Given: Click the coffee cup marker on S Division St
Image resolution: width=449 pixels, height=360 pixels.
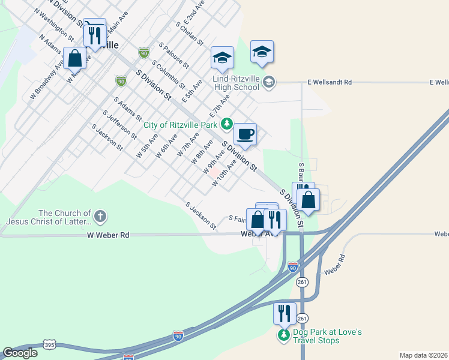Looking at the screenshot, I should point(244,134).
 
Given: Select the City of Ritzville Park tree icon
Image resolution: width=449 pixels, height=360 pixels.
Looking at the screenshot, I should point(226,124).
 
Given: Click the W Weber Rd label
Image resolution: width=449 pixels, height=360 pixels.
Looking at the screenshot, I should point(108,236).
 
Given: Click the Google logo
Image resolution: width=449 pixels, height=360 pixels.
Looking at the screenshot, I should point(20,353).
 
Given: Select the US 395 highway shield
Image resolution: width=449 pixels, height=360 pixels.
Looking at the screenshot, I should point(50,344).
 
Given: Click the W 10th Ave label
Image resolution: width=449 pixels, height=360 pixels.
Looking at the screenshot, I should point(224,173).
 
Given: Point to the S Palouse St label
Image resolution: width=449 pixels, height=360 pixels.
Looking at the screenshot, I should point(174,55).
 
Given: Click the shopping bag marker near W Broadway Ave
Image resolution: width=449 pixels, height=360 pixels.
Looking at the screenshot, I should point(75,59).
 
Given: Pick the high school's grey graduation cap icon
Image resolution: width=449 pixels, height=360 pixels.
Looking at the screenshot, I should point(268,82).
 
